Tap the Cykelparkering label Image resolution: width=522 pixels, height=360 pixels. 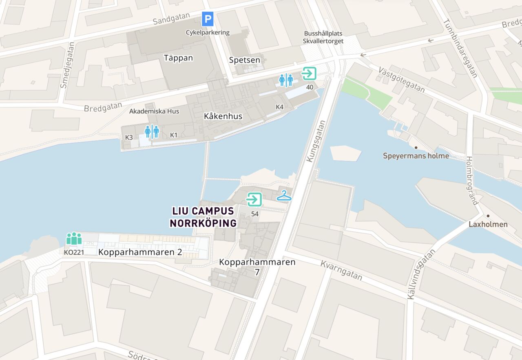click(x=208, y=33)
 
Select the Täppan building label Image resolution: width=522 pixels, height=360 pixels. click(x=178, y=58)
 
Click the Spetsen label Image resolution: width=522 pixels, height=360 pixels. click(x=244, y=60)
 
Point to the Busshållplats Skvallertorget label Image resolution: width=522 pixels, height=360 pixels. click(x=323, y=37)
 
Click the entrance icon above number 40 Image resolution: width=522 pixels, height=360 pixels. click(x=309, y=73)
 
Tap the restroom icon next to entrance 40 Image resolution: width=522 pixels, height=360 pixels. click(x=286, y=80)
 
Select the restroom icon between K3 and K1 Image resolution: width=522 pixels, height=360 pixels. click(x=152, y=131)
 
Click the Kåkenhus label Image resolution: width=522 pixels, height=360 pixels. click(x=223, y=116)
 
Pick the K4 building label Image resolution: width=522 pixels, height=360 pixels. click(x=279, y=107)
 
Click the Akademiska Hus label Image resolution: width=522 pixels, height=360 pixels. click(x=154, y=111)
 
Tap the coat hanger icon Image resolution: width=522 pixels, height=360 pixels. click(x=284, y=196)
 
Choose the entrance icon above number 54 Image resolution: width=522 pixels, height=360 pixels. click(x=254, y=200)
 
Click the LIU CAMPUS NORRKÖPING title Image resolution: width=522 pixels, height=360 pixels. click(x=203, y=217)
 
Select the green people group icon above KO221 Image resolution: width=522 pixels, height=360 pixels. click(x=74, y=238)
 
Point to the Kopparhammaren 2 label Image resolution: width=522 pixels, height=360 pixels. click(x=140, y=252)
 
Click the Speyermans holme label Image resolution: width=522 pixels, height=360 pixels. click(x=416, y=156)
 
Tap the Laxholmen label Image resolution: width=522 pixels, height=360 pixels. click(x=488, y=224)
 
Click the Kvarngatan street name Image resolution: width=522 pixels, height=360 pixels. click(x=341, y=270)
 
